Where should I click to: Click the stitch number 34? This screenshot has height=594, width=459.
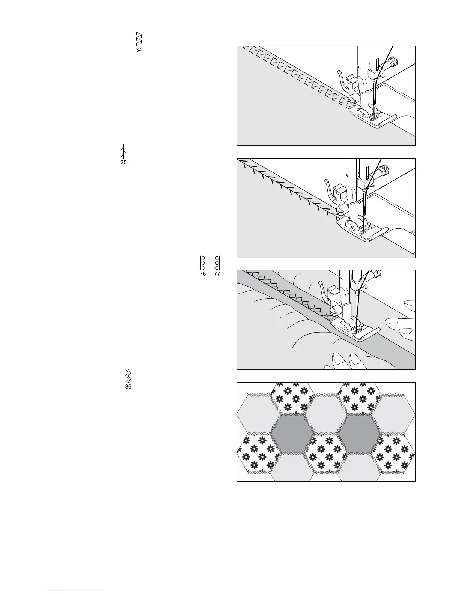(x=139, y=50)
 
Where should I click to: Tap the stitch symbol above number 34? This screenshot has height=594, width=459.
(x=139, y=39)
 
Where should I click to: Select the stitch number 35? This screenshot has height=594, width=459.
(x=123, y=163)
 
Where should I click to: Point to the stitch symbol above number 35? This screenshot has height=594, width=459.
(x=123, y=151)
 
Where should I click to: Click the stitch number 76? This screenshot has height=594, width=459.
(x=202, y=274)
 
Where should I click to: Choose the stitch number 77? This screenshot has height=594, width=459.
(x=217, y=274)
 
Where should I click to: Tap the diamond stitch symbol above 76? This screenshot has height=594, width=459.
(x=202, y=263)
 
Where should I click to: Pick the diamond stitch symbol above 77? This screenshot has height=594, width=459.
(x=217, y=263)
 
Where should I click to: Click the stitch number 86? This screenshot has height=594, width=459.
(x=128, y=387)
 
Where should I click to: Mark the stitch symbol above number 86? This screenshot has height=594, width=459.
(x=128, y=375)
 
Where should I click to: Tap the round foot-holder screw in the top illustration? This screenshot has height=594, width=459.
(x=352, y=98)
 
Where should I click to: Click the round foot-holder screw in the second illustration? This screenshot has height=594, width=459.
(x=340, y=211)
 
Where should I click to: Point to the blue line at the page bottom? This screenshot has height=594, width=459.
(x=75, y=591)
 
